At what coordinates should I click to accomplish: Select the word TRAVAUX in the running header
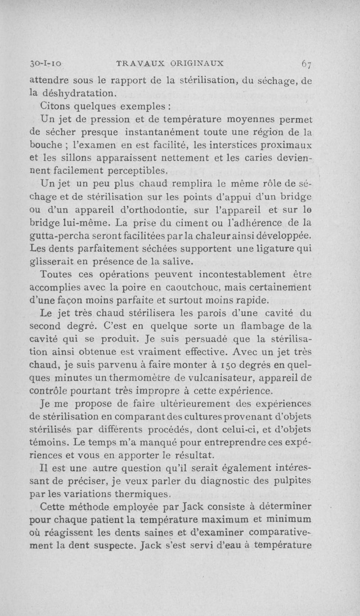(138, 62)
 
